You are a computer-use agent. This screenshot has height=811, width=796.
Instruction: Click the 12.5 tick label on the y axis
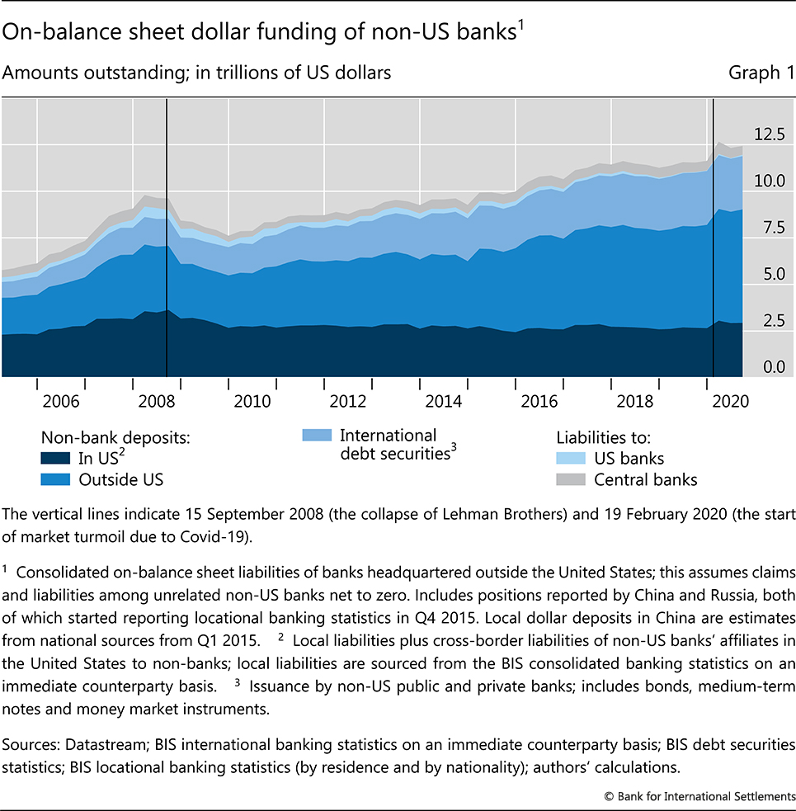click(x=768, y=134)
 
